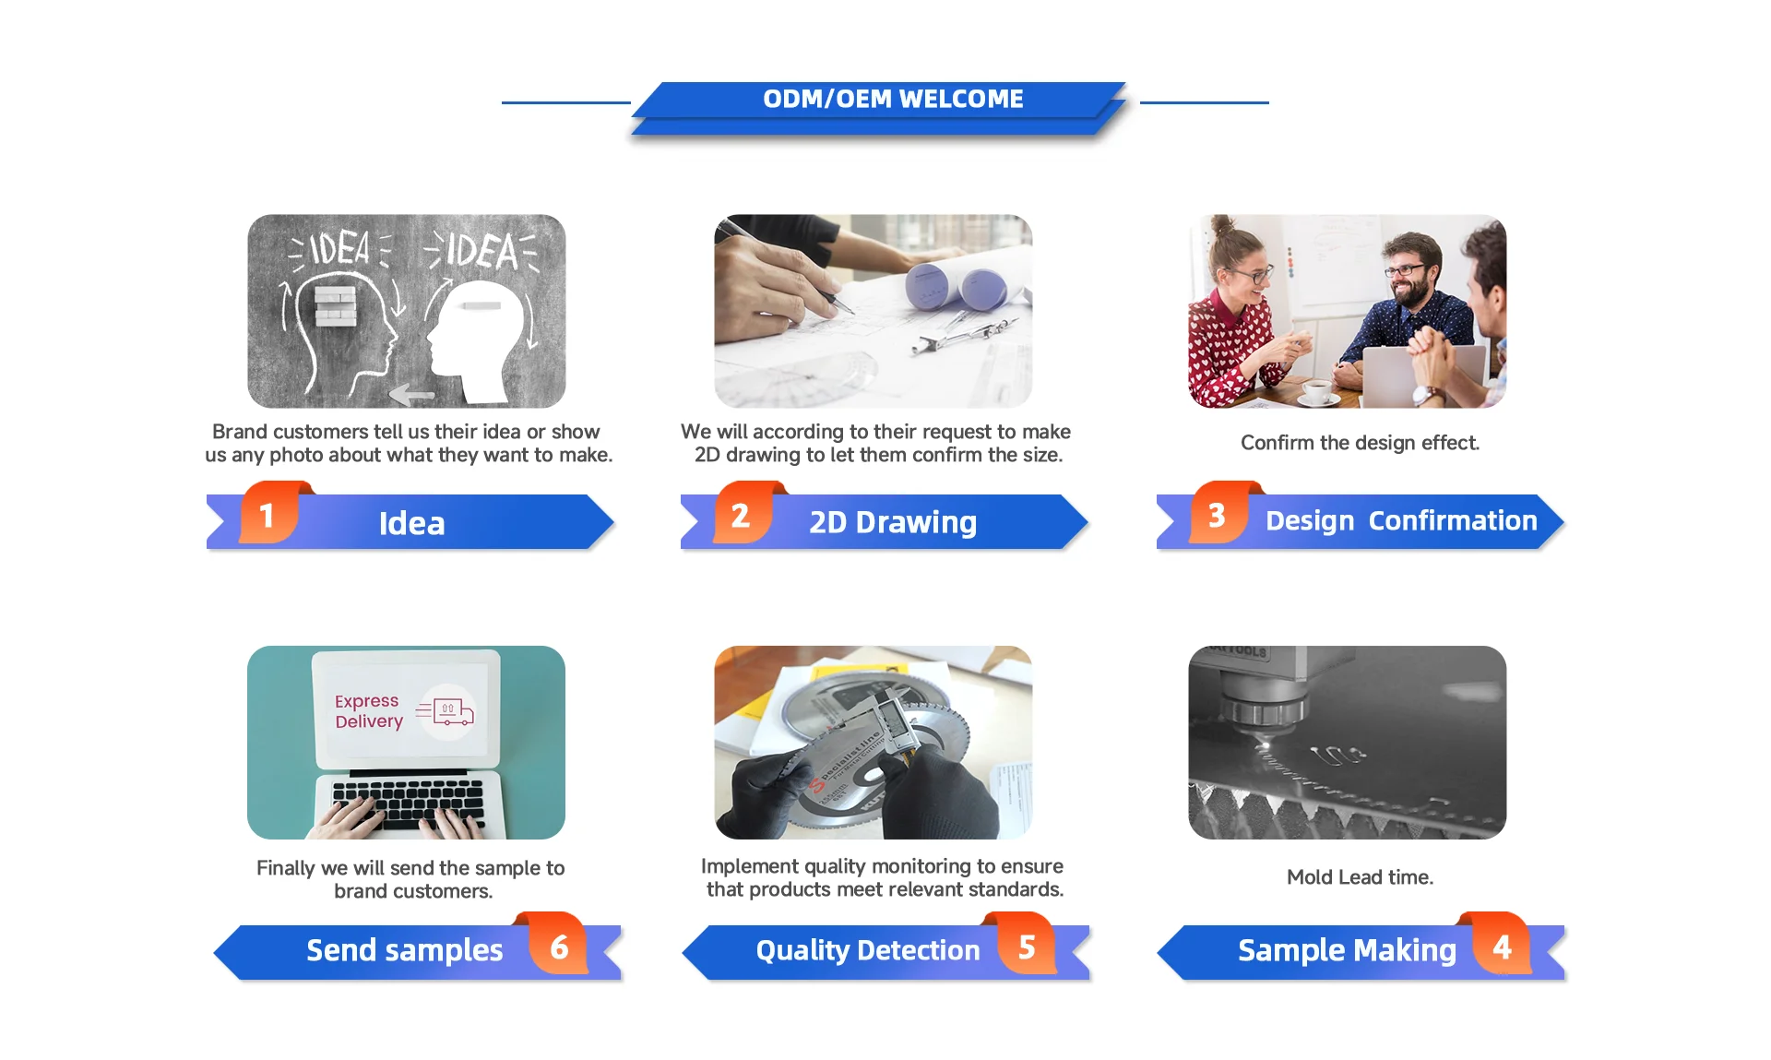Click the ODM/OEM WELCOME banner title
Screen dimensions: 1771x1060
pos(893,99)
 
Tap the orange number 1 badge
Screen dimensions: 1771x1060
pos(268,513)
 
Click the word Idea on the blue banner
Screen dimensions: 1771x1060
pos(411,523)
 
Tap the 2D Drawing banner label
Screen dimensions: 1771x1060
pos(893,522)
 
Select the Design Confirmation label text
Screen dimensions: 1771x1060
pos(1401,520)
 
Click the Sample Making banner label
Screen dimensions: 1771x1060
pos(1347,950)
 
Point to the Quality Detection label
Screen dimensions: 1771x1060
pos(868,950)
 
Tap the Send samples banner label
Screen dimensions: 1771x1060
pos(404,950)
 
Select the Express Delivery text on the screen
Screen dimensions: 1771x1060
pos(368,711)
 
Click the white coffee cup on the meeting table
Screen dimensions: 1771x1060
pos(1317,392)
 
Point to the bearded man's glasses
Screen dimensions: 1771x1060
pos(1405,270)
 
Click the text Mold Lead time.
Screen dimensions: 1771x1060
pos(1360,876)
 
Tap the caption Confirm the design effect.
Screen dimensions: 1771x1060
pos(1360,443)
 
